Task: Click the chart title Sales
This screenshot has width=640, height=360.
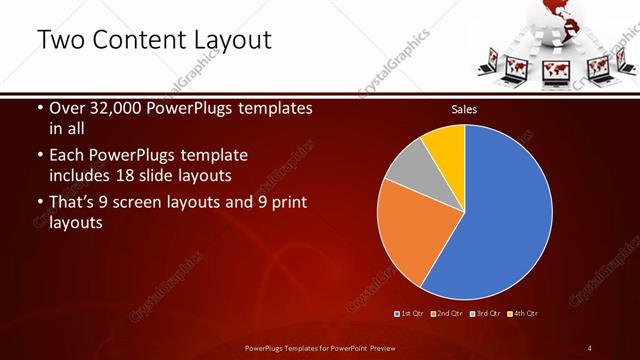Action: click(x=464, y=108)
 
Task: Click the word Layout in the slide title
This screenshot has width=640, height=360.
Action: click(x=230, y=40)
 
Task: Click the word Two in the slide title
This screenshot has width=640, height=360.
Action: click(x=60, y=40)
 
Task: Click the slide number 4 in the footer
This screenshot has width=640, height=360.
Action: click(x=590, y=347)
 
